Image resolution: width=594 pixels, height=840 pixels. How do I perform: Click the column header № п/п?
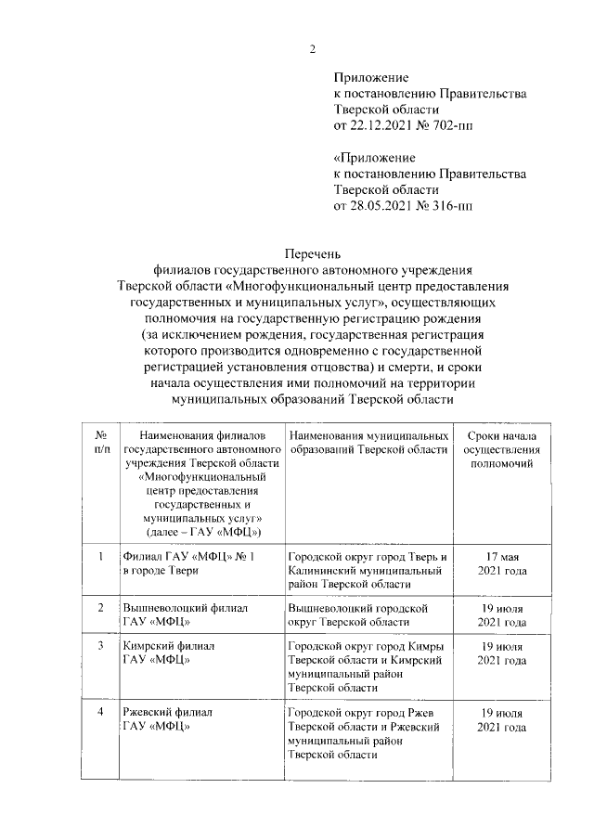click(x=99, y=442)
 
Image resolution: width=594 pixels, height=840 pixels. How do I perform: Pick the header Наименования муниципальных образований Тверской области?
click(x=368, y=442)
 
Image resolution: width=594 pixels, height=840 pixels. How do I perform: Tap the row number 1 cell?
click(x=99, y=556)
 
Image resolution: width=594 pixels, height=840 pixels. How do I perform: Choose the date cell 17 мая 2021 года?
click(x=501, y=563)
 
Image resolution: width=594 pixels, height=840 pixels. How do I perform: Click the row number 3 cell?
click(x=99, y=645)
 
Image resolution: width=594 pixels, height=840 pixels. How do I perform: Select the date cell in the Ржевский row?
click(x=501, y=719)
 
